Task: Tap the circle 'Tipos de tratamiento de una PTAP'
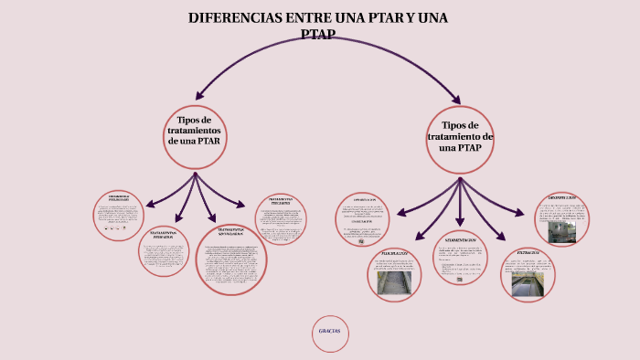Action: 460,140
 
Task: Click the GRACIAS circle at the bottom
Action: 329,332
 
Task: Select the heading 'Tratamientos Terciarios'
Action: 280,201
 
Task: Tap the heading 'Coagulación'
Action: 364,200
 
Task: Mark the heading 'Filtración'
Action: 528,252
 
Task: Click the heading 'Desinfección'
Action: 561,198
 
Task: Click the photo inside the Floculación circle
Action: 395,281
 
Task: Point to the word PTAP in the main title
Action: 317,35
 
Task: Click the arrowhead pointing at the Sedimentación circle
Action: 460,223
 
